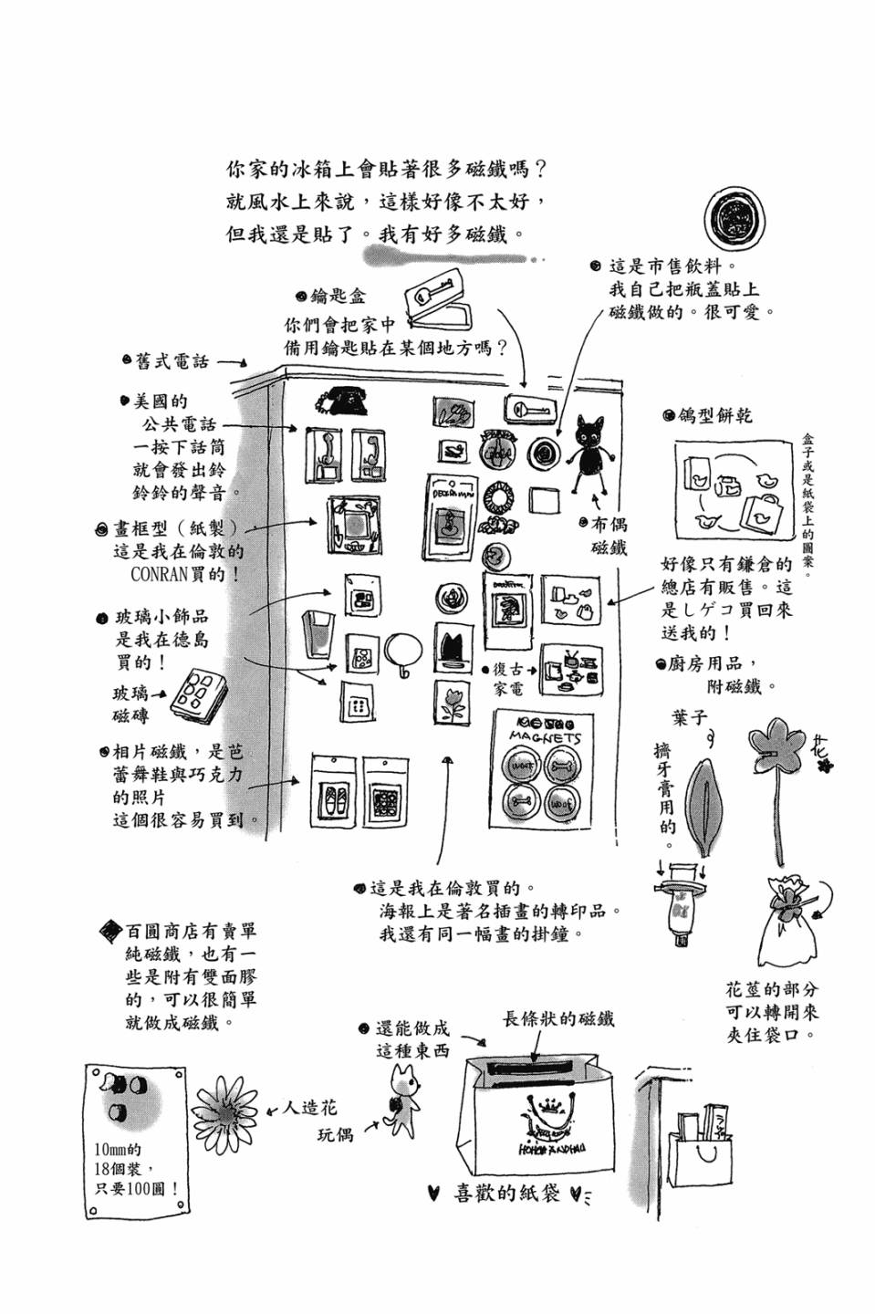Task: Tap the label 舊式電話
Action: [x=172, y=362]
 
